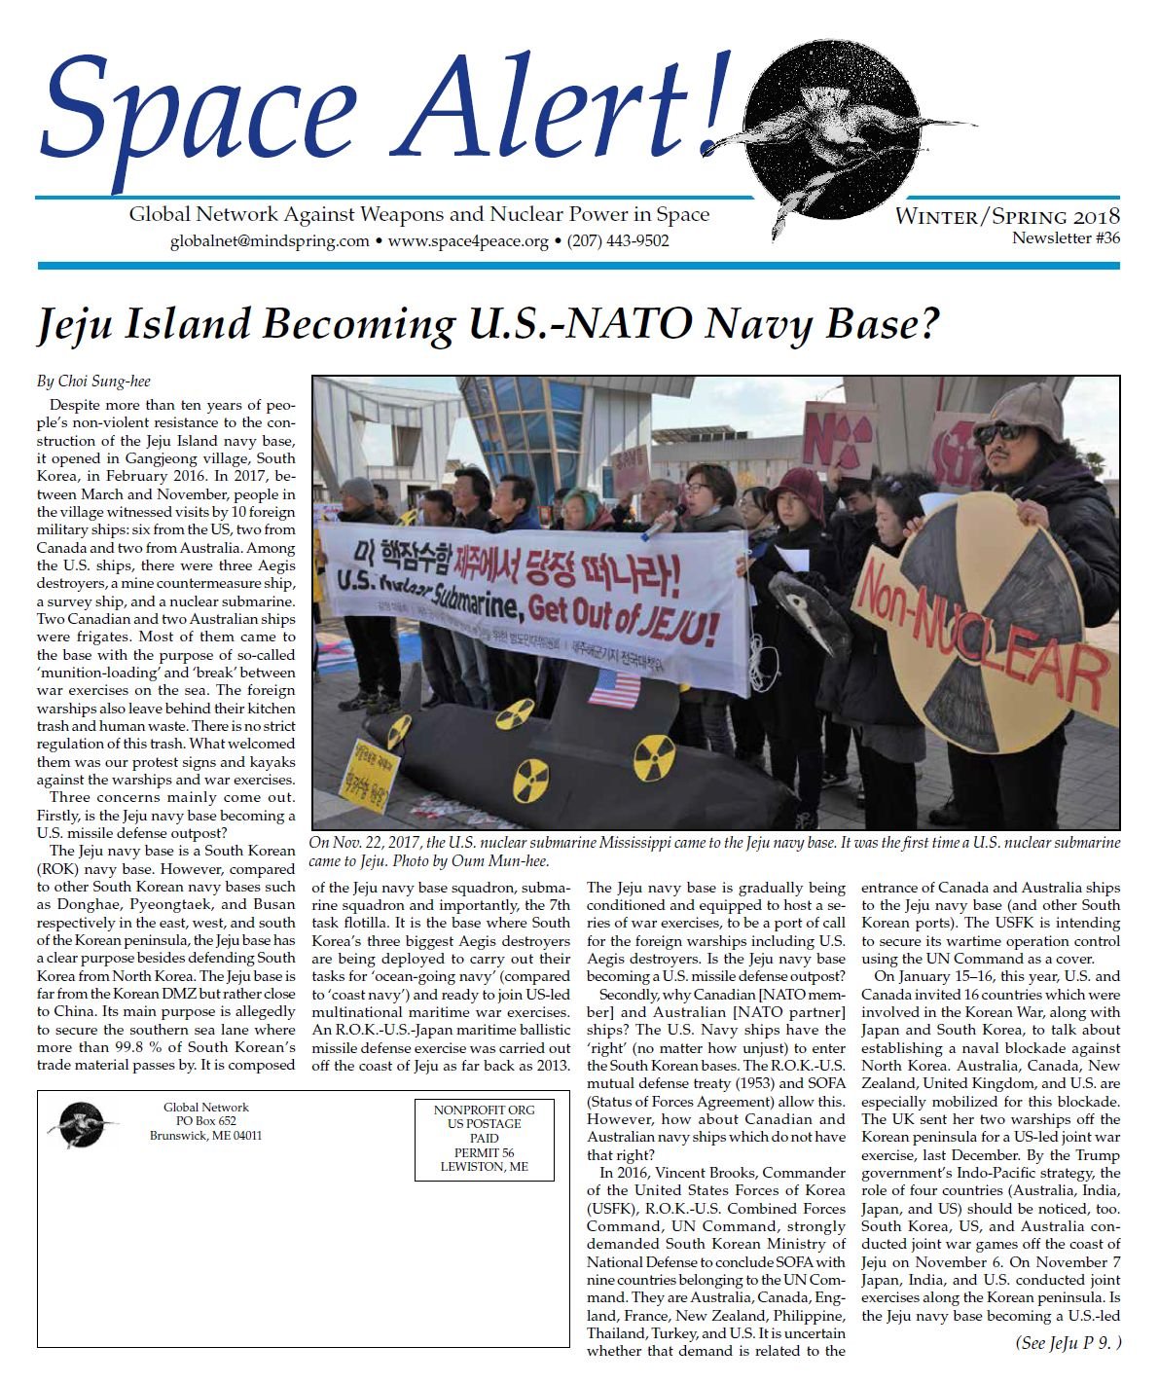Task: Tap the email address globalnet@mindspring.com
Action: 270,240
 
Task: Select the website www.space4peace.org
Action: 468,240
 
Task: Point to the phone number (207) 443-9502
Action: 618,240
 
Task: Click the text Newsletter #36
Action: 1066,238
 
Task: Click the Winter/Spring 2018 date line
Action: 1007,216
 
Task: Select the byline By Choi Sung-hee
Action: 93,382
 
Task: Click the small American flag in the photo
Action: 614,688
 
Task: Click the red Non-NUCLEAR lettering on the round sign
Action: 983,628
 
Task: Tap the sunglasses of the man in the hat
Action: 997,432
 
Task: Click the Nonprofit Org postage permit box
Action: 484,1138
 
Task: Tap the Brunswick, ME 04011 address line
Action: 205,1136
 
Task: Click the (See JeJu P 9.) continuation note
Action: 1068,1343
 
